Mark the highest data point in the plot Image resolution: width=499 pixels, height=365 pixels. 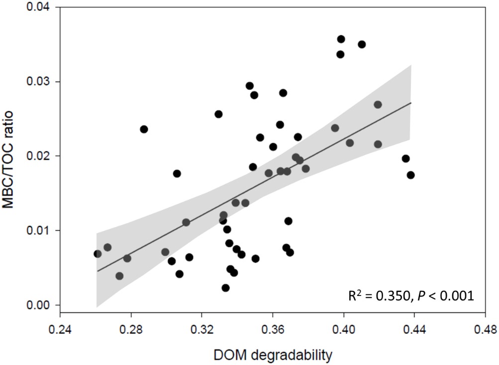coord(341,39)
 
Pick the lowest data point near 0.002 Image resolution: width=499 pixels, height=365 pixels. coord(225,288)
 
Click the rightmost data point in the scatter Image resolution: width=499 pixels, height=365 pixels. coord(410,175)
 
